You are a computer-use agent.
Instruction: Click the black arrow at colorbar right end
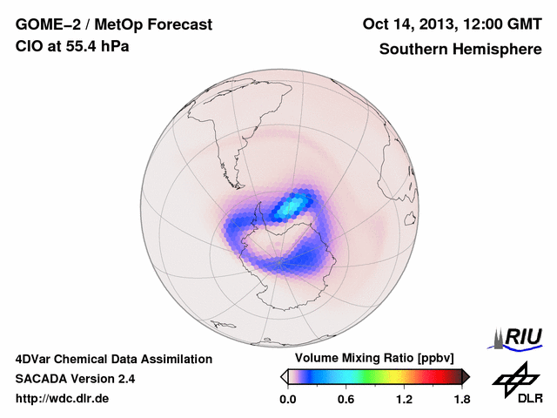point(466,376)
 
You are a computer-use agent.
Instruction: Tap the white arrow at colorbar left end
point(285,376)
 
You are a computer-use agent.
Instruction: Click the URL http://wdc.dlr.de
point(63,399)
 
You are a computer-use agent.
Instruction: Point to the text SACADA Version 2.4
point(75,379)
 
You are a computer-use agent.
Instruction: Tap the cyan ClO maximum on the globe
point(292,206)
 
